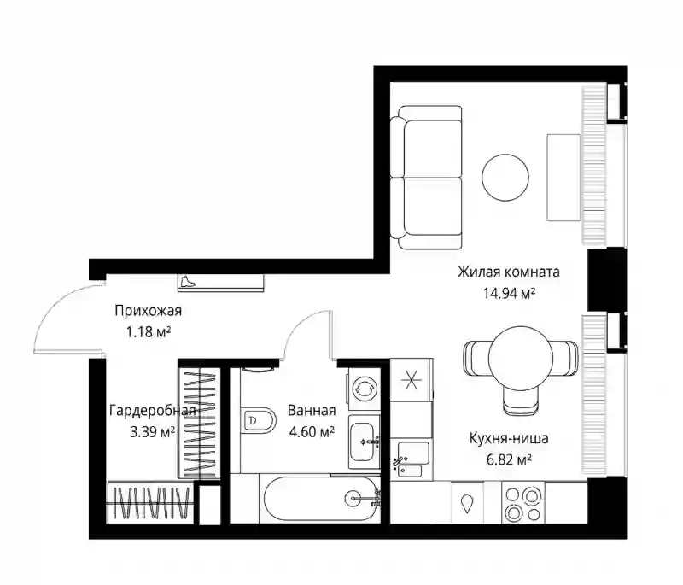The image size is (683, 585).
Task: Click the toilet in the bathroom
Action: click(x=258, y=421)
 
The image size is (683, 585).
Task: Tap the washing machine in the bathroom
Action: click(x=364, y=388)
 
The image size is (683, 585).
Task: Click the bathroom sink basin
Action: click(x=365, y=442)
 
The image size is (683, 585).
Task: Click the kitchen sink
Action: click(x=411, y=460)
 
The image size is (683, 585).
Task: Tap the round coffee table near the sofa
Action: click(x=505, y=178)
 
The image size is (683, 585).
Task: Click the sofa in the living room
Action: click(x=426, y=178)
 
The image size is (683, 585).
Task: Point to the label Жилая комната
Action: click(x=508, y=272)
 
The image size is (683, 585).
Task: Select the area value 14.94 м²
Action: click(x=509, y=294)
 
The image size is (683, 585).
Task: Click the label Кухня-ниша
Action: click(x=509, y=438)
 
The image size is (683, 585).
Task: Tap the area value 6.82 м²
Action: click(x=509, y=459)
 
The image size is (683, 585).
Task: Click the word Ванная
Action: click(x=312, y=410)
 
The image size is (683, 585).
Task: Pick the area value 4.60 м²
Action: click(x=312, y=431)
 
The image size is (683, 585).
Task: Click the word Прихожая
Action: click(x=148, y=311)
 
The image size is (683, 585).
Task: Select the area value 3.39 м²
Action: click(x=153, y=432)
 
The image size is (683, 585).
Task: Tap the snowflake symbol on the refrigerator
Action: click(x=412, y=379)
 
